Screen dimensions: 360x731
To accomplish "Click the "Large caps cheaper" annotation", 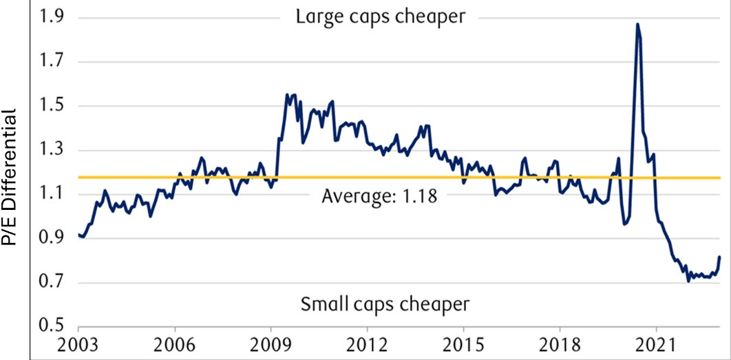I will pos(381,17).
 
